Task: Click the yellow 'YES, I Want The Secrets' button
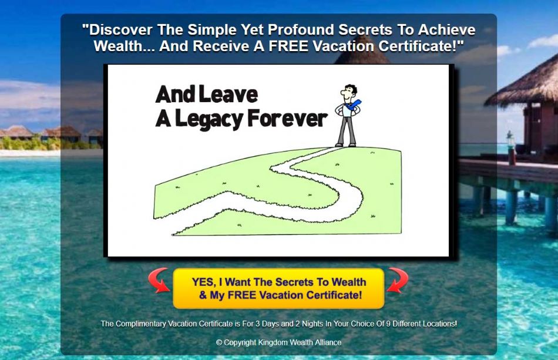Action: click(x=278, y=288)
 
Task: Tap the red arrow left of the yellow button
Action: click(x=159, y=280)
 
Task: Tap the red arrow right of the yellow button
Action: click(x=398, y=280)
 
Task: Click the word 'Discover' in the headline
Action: click(x=121, y=30)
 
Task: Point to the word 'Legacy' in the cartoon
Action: click(x=209, y=120)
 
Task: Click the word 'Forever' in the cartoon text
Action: click(x=287, y=119)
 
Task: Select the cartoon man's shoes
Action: click(x=345, y=144)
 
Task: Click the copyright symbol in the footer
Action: click(x=219, y=342)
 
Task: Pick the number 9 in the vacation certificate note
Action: click(x=389, y=324)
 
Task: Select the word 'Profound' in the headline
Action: click(x=301, y=30)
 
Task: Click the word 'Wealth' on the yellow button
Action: click(x=349, y=282)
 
